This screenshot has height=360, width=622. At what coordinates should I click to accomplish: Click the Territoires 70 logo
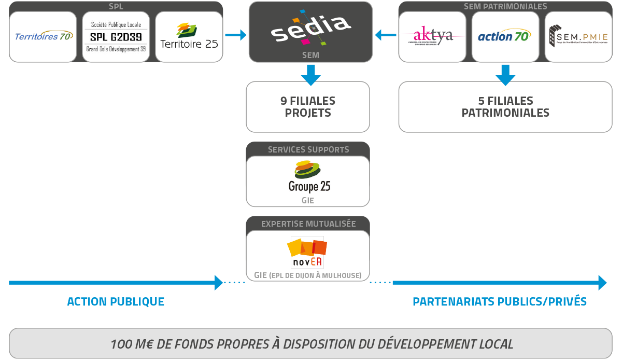click(43, 36)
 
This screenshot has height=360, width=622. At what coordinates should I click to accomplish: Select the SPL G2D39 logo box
click(116, 37)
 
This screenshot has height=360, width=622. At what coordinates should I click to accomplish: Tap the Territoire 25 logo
click(189, 37)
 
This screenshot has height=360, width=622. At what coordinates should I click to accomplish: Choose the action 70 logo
click(504, 36)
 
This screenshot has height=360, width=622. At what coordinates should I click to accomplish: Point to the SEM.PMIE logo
click(578, 36)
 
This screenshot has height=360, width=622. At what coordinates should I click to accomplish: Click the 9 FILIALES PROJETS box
click(308, 106)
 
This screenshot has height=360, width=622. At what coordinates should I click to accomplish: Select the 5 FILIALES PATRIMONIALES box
click(505, 106)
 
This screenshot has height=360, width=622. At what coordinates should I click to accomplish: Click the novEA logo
click(307, 252)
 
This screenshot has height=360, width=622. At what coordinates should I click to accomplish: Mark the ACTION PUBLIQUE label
click(116, 301)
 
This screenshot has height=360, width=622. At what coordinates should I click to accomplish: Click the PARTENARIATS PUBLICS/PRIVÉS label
click(500, 301)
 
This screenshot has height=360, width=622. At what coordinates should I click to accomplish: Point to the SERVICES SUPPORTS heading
click(308, 149)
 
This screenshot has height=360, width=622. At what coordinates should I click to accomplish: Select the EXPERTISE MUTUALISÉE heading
click(308, 224)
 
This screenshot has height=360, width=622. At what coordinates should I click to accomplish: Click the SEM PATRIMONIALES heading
click(505, 7)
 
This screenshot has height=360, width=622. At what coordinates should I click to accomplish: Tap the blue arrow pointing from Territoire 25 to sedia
click(236, 35)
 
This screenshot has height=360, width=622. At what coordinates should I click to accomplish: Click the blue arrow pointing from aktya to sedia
click(385, 35)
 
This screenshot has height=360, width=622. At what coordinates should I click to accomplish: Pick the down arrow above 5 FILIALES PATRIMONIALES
click(505, 75)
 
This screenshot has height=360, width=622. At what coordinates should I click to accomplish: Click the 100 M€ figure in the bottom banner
click(130, 344)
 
